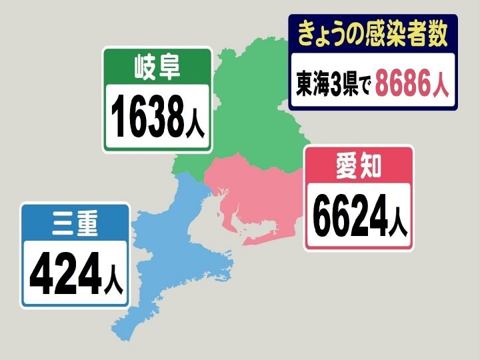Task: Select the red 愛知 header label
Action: [358, 166]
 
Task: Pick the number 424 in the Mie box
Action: [65, 273]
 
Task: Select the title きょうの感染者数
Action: [372, 31]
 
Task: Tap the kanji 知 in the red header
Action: [371, 166]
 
